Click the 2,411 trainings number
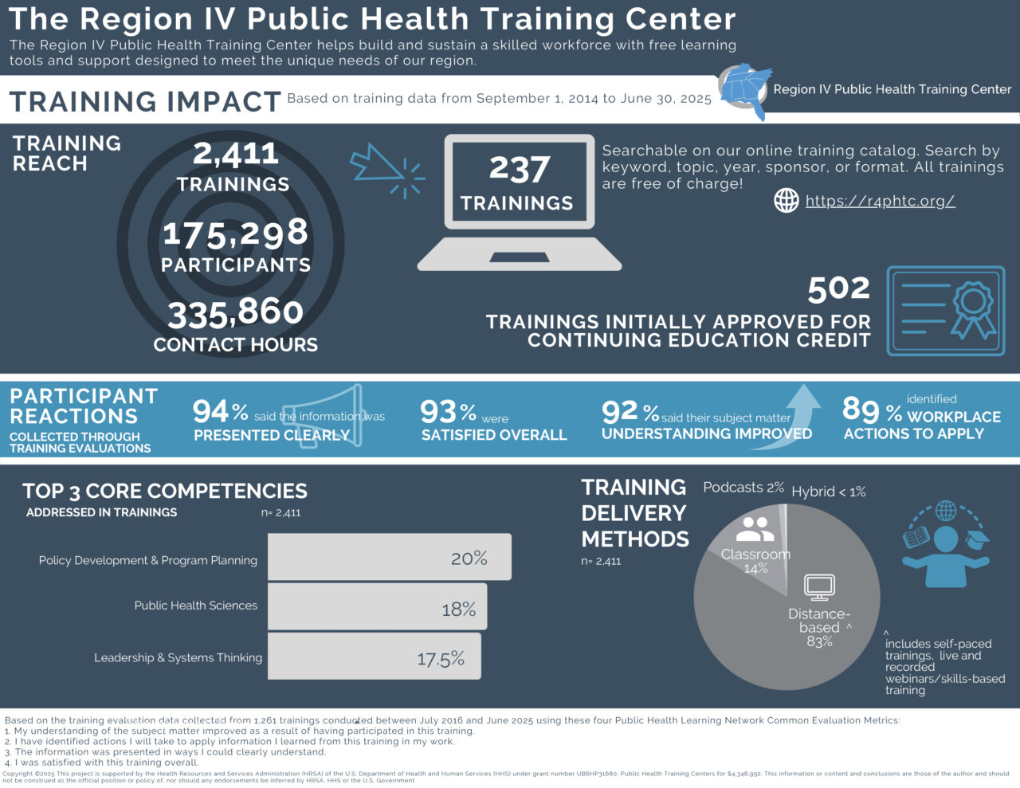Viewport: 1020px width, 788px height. pyautogui.click(x=236, y=153)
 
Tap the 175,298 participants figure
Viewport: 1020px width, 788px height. pyautogui.click(x=235, y=233)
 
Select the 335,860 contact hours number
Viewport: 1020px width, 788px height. pyautogui.click(x=236, y=313)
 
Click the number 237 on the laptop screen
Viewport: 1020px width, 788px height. pyautogui.click(x=519, y=169)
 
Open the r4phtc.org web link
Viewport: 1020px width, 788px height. pyautogui.click(x=880, y=201)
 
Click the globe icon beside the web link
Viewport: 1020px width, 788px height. pyautogui.click(x=787, y=201)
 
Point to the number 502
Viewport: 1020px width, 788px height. pyautogui.click(x=838, y=288)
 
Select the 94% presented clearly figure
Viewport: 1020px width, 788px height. pyautogui.click(x=220, y=412)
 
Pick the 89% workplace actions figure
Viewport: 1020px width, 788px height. pyautogui.click(x=872, y=410)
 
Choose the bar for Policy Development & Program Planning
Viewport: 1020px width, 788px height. pyautogui.click(x=389, y=557)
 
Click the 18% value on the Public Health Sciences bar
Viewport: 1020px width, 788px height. pyautogui.click(x=459, y=610)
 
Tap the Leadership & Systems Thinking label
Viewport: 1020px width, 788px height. pyautogui.click(x=178, y=657)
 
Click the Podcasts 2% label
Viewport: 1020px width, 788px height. pyautogui.click(x=743, y=488)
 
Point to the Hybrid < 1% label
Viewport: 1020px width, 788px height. pyautogui.click(x=828, y=492)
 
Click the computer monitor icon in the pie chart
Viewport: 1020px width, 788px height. pyautogui.click(x=819, y=587)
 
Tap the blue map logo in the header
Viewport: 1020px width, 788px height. pyautogui.click(x=746, y=89)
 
